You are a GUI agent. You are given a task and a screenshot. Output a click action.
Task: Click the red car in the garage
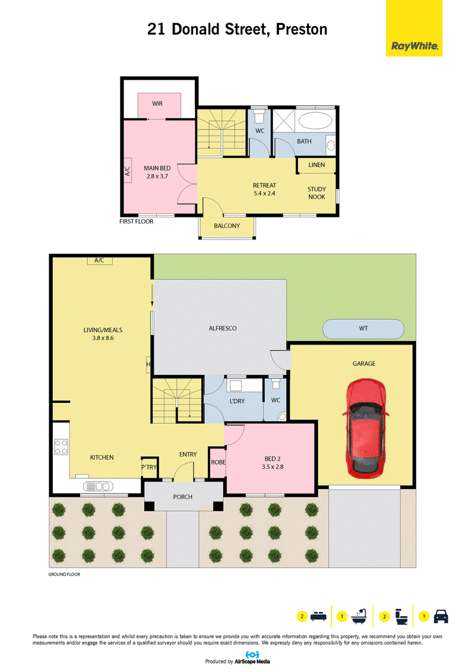click(x=365, y=428)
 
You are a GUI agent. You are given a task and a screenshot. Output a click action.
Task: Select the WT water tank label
click(x=363, y=329)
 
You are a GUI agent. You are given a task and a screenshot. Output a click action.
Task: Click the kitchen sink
click(x=98, y=486)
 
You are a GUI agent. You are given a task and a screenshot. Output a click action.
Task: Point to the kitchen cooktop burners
click(x=61, y=447)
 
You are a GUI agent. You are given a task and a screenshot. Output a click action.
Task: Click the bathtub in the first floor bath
click(x=315, y=121)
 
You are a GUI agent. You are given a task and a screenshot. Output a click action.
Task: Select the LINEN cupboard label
click(x=316, y=165)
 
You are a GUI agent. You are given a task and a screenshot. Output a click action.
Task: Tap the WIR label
click(x=157, y=104)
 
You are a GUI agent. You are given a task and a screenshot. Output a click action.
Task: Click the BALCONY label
click(x=227, y=226)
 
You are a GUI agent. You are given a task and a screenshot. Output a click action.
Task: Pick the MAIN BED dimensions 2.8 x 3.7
click(x=157, y=176)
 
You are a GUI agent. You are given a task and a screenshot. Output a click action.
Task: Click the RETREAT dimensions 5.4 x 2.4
click(x=264, y=193)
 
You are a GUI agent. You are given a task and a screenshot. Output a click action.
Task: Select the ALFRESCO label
click(x=223, y=329)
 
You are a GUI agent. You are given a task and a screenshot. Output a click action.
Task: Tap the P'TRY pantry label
click(x=149, y=467)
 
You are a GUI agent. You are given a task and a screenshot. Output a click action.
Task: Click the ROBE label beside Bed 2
click(x=218, y=462)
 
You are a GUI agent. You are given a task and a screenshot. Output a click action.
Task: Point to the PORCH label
click(x=183, y=497)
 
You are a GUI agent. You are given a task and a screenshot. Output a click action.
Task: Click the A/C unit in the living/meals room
click(x=100, y=261)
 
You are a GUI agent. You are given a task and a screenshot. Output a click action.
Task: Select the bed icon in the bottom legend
click(x=318, y=616)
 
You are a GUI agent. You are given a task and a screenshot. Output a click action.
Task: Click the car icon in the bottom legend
click(x=441, y=616)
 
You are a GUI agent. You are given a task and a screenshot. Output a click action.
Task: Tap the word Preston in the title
click(x=302, y=29)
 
